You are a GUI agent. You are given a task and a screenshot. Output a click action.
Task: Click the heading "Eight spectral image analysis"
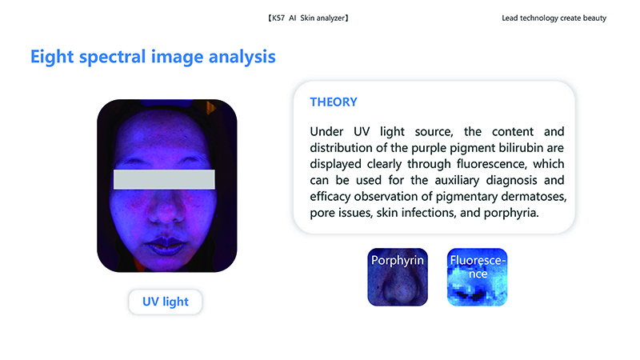pos(153,57)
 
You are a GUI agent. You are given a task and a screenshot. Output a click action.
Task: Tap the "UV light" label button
pos(166,302)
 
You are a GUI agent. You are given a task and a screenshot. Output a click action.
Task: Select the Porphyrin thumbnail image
pos(398,277)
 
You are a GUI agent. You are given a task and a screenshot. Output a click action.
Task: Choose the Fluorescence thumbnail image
pos(477,277)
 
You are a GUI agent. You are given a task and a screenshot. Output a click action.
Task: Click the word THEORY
pos(334,102)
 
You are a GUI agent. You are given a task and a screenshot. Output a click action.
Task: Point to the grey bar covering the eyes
pos(164,179)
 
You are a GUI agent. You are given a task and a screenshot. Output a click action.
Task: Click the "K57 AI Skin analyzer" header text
pos(308,18)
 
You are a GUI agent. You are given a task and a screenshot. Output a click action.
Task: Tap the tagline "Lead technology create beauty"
pos(554,18)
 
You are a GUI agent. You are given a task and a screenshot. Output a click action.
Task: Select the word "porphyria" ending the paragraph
pos(510,213)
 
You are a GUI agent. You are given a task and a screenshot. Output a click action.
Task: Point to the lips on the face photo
pos(166,245)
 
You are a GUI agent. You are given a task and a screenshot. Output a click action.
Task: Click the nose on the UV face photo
pos(166,208)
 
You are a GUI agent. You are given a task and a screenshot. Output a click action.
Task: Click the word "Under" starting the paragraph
pos(326,131)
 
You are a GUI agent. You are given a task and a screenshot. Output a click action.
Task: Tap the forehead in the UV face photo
pos(166,134)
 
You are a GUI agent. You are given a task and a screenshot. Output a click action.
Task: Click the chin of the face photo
pos(166,263)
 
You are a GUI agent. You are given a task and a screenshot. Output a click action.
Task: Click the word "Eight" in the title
pos(52,57)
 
